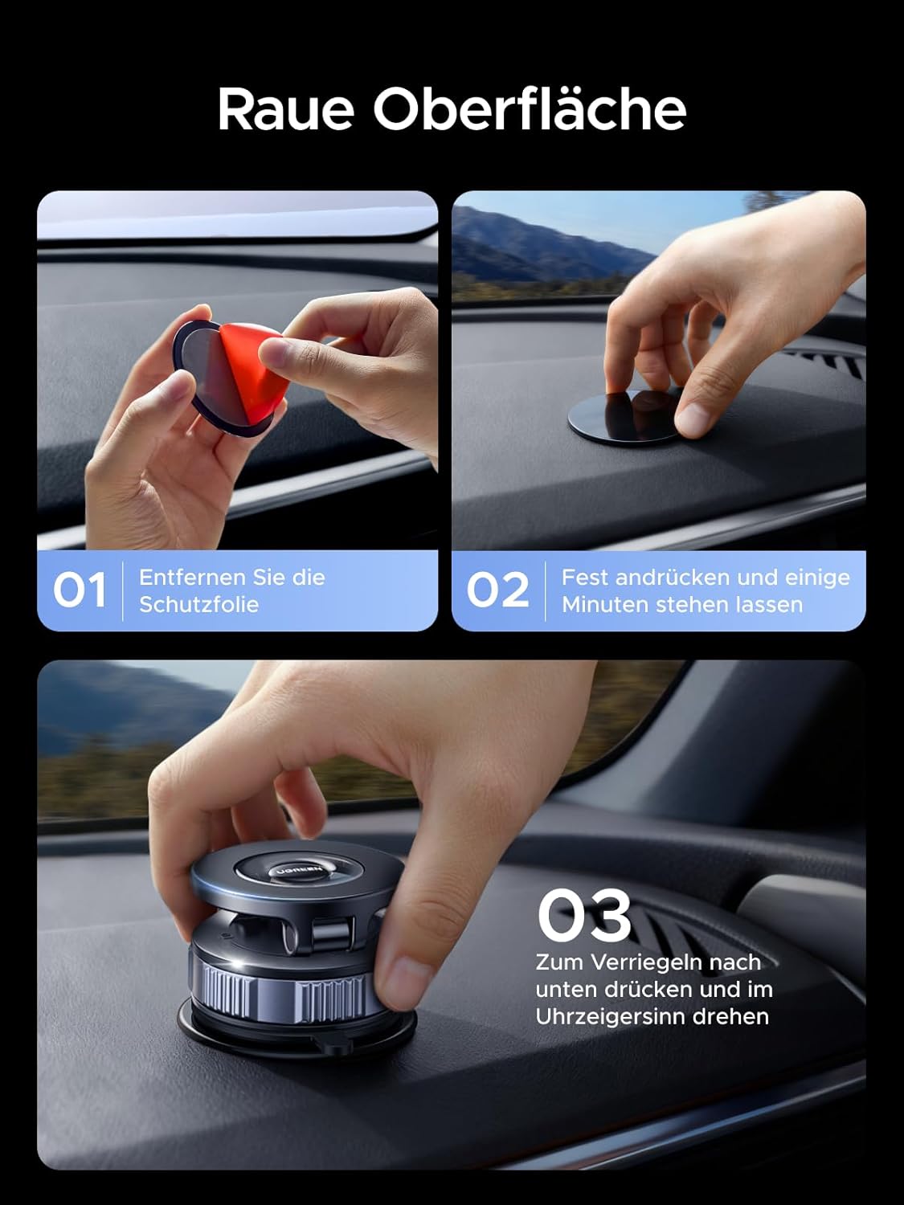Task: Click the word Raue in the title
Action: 286,109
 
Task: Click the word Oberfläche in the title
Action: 529,109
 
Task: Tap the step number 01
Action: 79,590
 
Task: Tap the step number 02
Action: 497,590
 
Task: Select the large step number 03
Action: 584,915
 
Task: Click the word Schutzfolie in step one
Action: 198,604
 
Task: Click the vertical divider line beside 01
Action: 123,590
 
